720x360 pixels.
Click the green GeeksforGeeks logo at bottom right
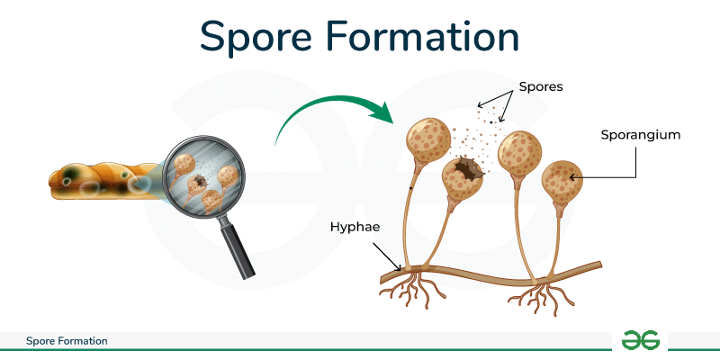pos(639,340)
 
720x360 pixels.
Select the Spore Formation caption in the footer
pos(67,341)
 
